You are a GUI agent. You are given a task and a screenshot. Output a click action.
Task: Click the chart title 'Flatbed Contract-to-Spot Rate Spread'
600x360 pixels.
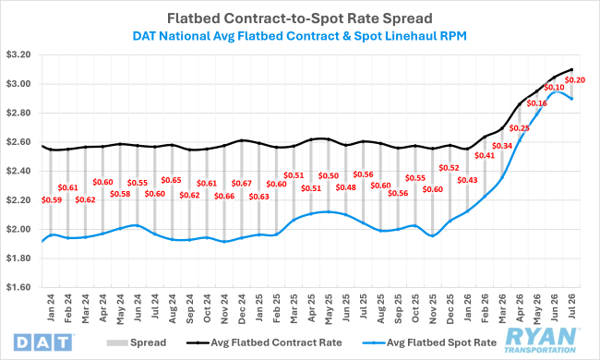coord(300,18)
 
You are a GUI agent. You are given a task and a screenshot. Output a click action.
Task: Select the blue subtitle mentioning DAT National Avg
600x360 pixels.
coord(300,36)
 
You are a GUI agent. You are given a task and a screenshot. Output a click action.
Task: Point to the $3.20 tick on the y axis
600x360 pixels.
coord(18,54)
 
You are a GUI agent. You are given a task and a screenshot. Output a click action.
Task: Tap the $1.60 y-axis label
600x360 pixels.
coord(18,287)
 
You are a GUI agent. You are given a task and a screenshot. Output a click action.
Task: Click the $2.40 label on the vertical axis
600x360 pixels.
coord(18,171)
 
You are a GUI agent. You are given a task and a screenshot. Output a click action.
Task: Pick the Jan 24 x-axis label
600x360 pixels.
coord(51,307)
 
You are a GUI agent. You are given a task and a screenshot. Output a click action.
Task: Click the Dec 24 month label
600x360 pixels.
coord(242,309)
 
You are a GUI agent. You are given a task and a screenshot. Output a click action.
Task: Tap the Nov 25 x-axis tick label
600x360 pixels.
coord(433,309)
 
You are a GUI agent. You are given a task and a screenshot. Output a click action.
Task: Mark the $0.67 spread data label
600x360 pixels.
coord(242,184)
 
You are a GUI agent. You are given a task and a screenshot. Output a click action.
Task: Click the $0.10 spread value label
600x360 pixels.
coord(554,88)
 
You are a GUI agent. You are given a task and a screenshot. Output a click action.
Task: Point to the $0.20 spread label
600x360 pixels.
coord(575,80)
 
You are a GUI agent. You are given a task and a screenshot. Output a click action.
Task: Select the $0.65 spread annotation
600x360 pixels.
coord(171,180)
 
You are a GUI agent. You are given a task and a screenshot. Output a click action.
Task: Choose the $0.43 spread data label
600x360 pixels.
coord(467,180)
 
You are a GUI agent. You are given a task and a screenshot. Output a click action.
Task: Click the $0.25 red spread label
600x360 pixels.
coord(520,128)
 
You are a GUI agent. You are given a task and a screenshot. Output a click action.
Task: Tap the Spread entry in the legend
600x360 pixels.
coord(137,342)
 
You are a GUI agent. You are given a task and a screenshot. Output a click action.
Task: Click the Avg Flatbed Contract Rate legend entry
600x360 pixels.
coord(264,342)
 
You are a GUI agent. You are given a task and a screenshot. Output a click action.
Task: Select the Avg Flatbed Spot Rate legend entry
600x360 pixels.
coord(429,342)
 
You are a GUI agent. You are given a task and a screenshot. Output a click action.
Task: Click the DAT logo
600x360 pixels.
coord(42,342)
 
